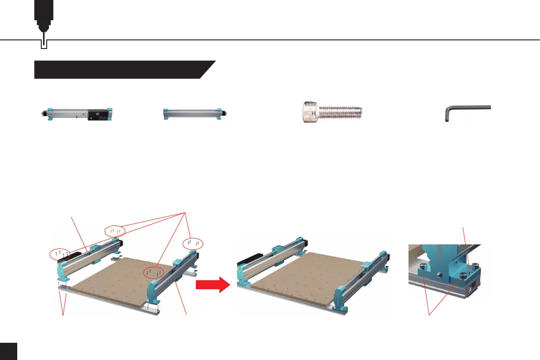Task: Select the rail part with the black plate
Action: [76, 114]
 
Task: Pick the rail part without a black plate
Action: [195, 114]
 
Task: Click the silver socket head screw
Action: [331, 112]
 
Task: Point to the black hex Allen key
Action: [466, 112]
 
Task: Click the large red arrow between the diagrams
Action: [211, 286]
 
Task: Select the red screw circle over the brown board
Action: [153, 272]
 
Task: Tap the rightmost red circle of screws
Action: [193, 243]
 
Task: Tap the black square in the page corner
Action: [8, 351]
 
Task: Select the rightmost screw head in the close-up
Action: [474, 267]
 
